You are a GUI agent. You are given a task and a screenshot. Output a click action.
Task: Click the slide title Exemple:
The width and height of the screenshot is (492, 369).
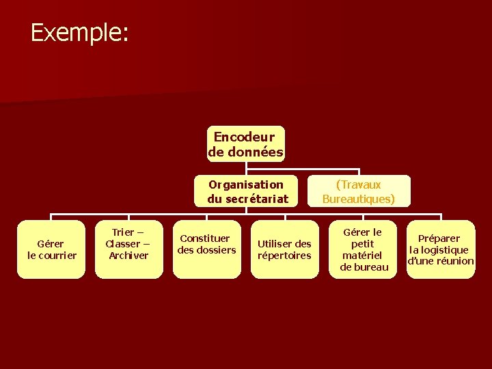point(79,32)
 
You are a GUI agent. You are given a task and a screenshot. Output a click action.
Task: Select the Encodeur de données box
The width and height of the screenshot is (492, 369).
point(245,144)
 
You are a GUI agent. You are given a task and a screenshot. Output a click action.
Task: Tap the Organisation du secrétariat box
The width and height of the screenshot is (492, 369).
point(245,191)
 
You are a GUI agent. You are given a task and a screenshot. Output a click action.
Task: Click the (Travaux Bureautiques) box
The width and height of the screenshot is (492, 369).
point(358,191)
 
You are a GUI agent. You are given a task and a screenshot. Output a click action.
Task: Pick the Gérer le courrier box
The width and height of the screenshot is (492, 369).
point(51,249)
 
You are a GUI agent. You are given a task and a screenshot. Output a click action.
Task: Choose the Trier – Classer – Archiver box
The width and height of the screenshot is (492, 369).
point(128,249)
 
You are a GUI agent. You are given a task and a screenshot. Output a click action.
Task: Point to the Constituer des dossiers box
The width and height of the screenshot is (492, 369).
point(206,249)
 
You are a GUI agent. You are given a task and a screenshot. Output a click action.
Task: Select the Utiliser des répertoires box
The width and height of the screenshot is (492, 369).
point(284,249)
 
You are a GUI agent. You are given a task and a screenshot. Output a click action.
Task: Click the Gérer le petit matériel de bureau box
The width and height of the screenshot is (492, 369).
point(363,249)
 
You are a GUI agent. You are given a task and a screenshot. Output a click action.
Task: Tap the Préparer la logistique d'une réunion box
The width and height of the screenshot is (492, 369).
point(441,249)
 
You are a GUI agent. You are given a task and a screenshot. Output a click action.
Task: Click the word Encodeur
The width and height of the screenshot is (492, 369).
point(244,137)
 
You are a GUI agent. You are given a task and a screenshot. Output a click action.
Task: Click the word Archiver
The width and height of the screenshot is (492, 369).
point(128,256)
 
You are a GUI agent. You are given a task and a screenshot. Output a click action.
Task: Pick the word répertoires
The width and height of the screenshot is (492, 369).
point(284,256)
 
